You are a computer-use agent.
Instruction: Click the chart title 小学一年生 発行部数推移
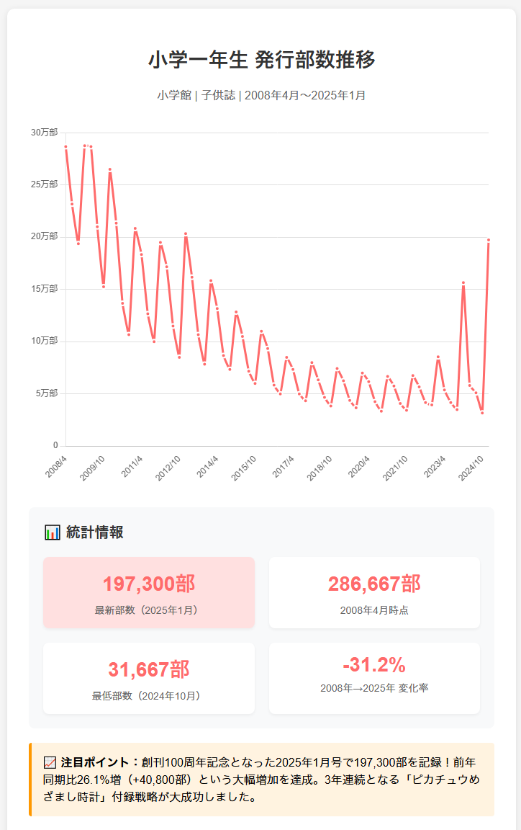(x=261, y=60)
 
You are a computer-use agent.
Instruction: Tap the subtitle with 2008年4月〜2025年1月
(x=261, y=95)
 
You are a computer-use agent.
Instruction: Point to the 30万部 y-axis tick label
(x=44, y=133)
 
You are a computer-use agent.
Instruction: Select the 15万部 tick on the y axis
(x=44, y=289)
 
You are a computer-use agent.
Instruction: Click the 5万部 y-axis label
(x=47, y=393)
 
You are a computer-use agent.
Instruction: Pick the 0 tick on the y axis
(x=55, y=445)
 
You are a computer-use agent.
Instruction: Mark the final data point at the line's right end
(x=488, y=241)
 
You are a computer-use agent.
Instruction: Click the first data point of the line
(x=65, y=147)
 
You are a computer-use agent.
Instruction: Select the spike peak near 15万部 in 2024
(x=463, y=283)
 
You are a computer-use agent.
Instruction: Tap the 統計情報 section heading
(x=95, y=532)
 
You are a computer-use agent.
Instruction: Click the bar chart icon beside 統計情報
(x=53, y=532)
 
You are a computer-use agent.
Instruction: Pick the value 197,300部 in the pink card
(x=149, y=584)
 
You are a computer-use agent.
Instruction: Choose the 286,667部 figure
(x=374, y=584)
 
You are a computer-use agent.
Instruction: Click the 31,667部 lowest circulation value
(x=149, y=669)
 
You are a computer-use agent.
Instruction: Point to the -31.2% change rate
(x=374, y=665)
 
